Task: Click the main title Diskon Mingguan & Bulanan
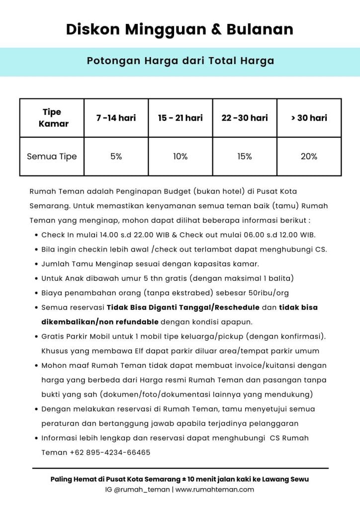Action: pos(180,29)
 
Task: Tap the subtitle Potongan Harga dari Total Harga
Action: pos(180,61)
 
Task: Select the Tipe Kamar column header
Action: pos(52,118)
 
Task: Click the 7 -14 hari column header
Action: pos(116,118)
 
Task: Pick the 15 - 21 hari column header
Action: pos(180,118)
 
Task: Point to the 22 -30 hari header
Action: pos(244,118)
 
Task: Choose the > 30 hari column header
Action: pos(309,118)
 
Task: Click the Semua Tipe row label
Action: pos(52,156)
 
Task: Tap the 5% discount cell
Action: pos(116,156)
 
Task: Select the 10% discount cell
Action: pos(180,156)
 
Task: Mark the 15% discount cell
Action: pos(244,156)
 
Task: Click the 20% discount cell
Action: pos(309,156)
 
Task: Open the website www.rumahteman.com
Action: pos(214,490)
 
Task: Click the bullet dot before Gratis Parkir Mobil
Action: pos(37,337)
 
